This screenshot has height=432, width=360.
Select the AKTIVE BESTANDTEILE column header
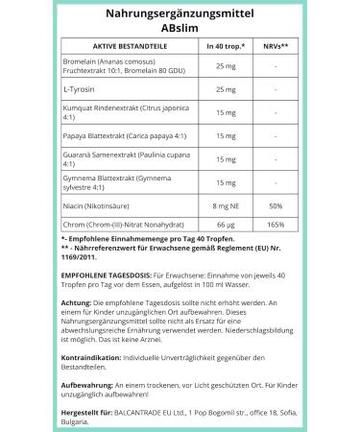(113, 45)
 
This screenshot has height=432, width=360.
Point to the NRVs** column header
(277, 45)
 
